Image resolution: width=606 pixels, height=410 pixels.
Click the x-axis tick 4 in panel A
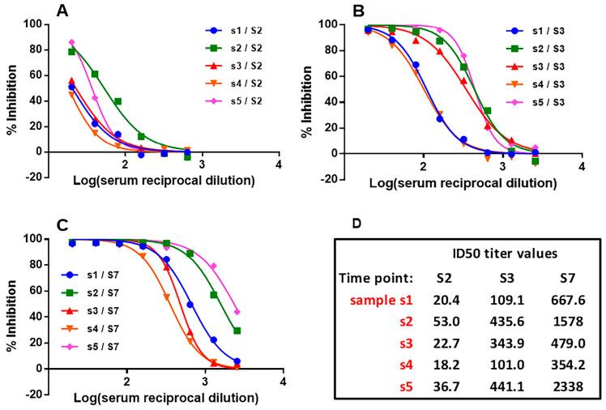[x=279, y=166]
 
